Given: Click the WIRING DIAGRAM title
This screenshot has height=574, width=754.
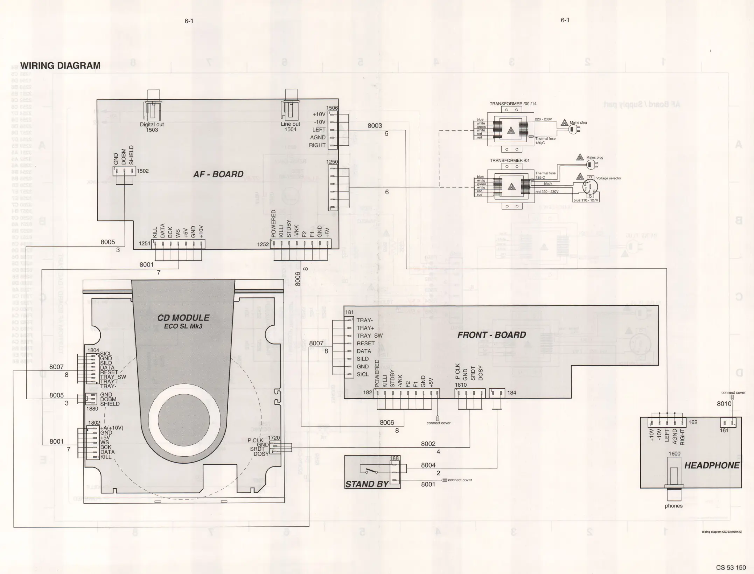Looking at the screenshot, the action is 60,65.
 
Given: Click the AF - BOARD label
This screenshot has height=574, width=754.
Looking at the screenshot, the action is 218,174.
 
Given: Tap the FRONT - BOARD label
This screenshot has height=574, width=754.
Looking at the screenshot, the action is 491,335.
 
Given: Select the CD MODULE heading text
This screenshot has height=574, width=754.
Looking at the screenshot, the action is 183,318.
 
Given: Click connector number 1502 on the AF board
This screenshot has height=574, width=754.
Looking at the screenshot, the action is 142,171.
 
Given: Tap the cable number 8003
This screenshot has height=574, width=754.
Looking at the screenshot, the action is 375,125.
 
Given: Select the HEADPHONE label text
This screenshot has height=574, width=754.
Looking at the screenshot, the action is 712,465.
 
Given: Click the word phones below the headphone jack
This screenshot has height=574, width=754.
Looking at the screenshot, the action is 673,506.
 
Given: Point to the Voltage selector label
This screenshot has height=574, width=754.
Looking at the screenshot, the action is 609,178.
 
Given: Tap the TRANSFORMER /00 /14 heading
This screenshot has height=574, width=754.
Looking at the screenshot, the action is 513,104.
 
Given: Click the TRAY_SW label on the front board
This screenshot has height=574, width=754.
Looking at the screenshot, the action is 369,336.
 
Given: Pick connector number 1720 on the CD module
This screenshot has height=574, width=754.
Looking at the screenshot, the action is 274,438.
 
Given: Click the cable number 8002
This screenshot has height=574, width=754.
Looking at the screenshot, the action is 428,444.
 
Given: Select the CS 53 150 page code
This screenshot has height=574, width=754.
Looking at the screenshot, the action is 731,567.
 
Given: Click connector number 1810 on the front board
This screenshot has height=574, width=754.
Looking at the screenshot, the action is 461,385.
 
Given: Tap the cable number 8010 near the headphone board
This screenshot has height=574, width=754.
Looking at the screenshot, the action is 724,403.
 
